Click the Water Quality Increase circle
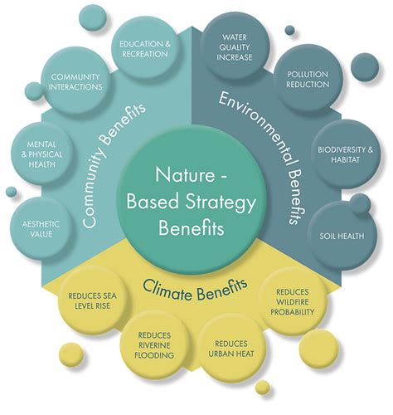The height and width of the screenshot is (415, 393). [240, 47]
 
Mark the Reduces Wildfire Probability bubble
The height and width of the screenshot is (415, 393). [290, 305]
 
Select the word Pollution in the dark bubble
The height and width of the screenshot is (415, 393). [308, 76]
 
